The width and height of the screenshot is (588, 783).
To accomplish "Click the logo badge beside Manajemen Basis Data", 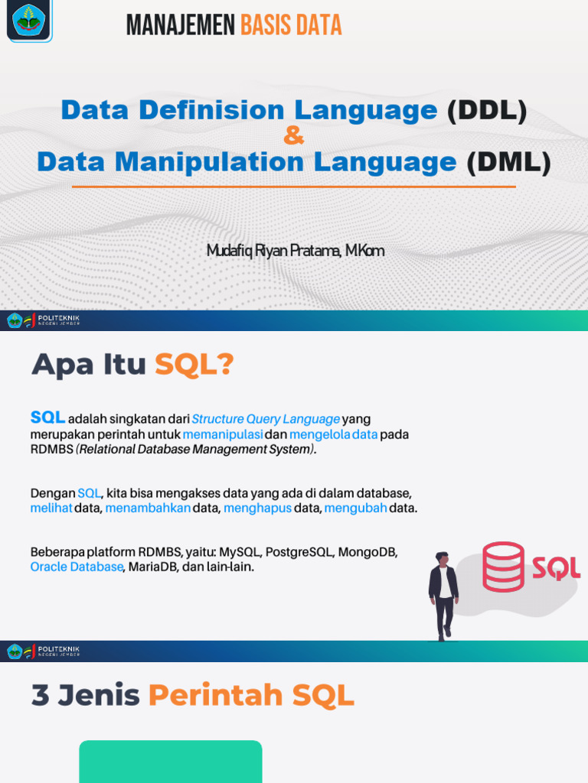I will (x=30, y=21).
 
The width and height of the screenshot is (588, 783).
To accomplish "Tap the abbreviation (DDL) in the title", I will (x=487, y=111).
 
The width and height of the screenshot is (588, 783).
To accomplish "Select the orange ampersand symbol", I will (x=293, y=137).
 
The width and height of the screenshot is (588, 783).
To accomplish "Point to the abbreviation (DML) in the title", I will (x=508, y=162).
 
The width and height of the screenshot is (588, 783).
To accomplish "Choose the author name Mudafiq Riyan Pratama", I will (x=273, y=251).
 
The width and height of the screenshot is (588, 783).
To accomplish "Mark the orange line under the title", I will (x=293, y=187).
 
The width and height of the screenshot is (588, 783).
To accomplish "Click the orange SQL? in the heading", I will (x=194, y=366).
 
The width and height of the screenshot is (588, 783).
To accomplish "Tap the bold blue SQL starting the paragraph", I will (x=47, y=417).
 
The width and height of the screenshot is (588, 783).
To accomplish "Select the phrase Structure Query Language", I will (x=266, y=419).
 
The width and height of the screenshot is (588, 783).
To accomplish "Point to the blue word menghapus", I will (x=258, y=508).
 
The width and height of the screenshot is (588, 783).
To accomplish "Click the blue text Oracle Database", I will (x=77, y=567).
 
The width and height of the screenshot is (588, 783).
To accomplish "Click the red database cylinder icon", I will (x=503, y=567).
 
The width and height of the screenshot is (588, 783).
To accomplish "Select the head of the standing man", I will (x=442, y=559).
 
